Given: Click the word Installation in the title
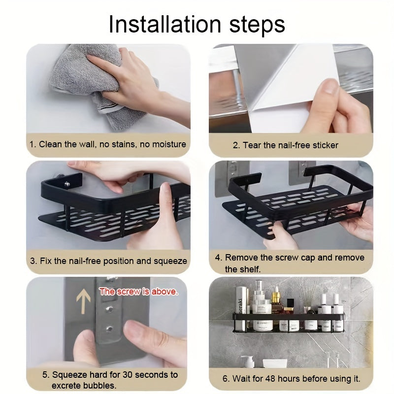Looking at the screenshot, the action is (x=165, y=24).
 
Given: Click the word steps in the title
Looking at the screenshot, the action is (x=257, y=26).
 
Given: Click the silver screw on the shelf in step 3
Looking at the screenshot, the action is (x=67, y=184).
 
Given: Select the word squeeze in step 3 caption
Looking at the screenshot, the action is (x=170, y=262).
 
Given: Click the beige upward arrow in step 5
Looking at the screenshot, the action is (x=83, y=301).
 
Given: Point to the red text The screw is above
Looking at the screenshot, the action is (x=138, y=292).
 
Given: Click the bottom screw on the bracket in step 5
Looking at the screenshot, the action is (x=109, y=328).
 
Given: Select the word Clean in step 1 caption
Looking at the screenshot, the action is (x=50, y=144).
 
